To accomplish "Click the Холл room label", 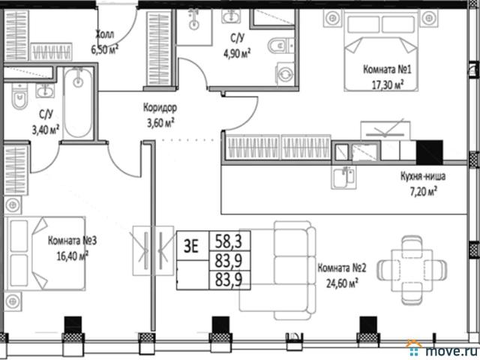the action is point(105,34).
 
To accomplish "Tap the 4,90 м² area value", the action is point(237,53).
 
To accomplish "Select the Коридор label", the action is point(160,108).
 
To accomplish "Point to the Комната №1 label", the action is point(387,70).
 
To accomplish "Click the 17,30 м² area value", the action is point(387,84).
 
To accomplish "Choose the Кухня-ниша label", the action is point(423,176).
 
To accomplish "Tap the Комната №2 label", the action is point(342,268).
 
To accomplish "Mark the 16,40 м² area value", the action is point(73,255).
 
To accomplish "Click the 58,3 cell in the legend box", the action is point(229,241).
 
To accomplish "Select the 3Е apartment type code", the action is point(191,246).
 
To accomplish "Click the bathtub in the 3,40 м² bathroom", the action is point(78,103).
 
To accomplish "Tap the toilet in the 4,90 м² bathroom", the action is point(280,46).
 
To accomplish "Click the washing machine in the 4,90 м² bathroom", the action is point(285,73).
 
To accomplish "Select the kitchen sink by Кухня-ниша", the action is point(343,178).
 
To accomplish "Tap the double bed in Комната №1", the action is point(381,50).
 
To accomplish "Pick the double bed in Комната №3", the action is point(46,253).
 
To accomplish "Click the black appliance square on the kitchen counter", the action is point(430,152).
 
